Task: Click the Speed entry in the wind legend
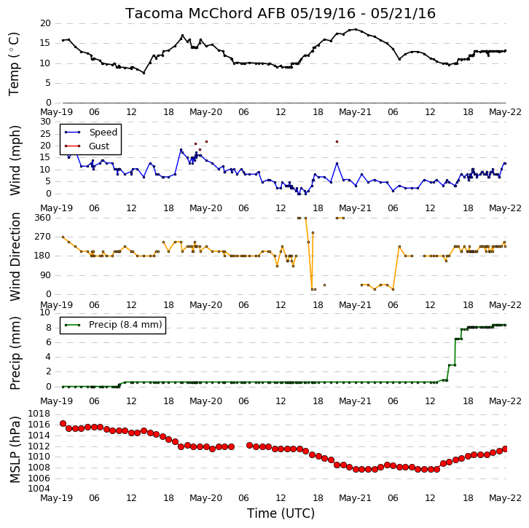103,132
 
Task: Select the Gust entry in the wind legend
99,146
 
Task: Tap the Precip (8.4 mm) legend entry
125,325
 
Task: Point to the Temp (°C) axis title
14,64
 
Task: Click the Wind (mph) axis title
15,160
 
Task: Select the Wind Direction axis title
15,256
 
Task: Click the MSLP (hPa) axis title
15,449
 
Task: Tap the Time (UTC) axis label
281,513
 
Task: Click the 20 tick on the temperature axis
45,23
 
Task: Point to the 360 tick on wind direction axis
42,218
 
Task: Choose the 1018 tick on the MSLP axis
39,414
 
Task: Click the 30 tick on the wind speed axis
45,122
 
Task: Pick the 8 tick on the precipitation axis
49,328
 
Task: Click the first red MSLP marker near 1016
63,423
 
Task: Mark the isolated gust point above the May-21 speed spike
337,141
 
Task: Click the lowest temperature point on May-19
144,73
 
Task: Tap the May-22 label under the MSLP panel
505,497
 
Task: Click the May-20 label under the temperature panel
205,112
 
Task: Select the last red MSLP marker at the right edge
505,449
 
